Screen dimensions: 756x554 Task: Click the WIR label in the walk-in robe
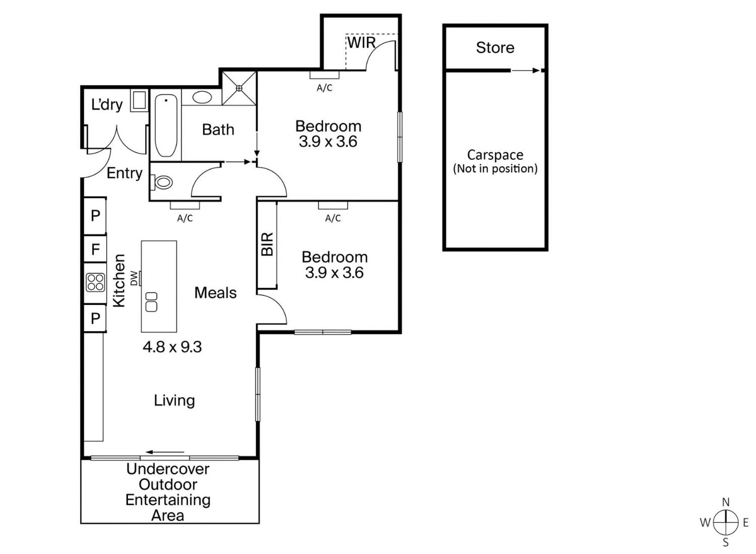[x=362, y=43]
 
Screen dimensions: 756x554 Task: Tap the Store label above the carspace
[x=495, y=48]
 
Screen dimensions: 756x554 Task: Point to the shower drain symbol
[x=239, y=88]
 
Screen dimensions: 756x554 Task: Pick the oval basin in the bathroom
[x=202, y=98]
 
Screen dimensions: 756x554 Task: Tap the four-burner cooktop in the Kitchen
[x=95, y=282]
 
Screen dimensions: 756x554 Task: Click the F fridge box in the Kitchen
[x=95, y=249]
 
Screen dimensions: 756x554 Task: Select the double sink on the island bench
[x=151, y=302]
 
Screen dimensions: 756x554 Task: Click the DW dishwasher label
[x=134, y=278]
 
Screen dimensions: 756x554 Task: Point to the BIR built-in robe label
[x=267, y=244]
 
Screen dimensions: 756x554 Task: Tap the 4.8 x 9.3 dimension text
[x=172, y=347]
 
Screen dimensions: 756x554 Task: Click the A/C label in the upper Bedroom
[x=324, y=88]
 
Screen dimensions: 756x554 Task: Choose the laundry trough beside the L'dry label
[x=139, y=100]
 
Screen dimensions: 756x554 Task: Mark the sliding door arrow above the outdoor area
[x=165, y=452]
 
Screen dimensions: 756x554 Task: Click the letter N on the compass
[x=726, y=502]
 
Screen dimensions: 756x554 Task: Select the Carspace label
[x=495, y=155]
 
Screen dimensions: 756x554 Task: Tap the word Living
[x=174, y=400]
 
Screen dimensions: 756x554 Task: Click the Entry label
[x=124, y=173]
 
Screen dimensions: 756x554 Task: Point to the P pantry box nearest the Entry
[x=95, y=216]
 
